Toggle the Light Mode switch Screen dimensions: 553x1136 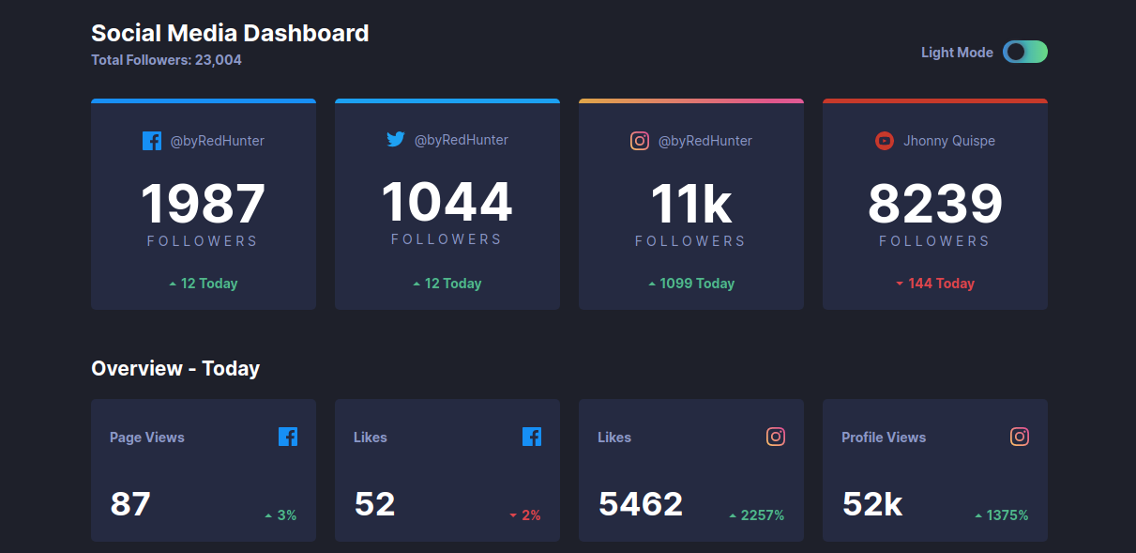[1024, 53]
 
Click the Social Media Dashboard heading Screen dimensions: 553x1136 [230, 34]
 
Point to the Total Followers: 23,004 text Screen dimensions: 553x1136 [166, 60]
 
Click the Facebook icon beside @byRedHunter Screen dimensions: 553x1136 [152, 141]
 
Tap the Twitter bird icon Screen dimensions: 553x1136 [396, 140]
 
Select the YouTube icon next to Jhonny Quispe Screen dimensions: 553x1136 [884, 141]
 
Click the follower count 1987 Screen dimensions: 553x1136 [204, 204]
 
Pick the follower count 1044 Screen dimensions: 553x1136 [447, 202]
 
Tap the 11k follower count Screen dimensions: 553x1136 [691, 204]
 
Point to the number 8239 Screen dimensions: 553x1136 [935, 204]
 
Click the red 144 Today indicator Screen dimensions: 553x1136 [935, 284]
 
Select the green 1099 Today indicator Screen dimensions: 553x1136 [691, 284]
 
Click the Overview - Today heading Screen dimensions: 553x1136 [175, 368]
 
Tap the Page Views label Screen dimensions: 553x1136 [147, 438]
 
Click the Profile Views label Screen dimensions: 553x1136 [884, 438]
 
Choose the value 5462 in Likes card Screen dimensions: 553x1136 [641, 504]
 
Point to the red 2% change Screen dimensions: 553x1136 [526, 515]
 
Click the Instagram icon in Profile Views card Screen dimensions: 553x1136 [1020, 437]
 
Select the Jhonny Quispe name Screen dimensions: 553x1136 [949, 141]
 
